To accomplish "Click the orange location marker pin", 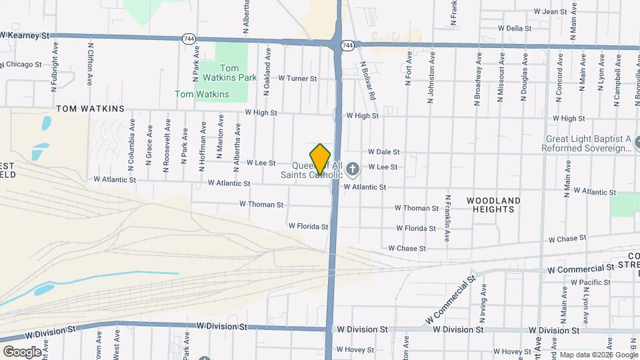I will (x=321, y=159).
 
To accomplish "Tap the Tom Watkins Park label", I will (x=238, y=73).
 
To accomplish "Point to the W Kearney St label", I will (x=25, y=34).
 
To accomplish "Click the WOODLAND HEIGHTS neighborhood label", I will (x=493, y=205).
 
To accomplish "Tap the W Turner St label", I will (x=297, y=79).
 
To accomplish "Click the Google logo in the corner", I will (x=22, y=351).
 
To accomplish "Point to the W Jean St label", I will (x=550, y=12).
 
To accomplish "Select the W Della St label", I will (x=514, y=29).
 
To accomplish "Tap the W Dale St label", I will (x=383, y=152).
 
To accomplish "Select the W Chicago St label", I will (x=21, y=65).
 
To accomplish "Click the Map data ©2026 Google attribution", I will (x=599, y=355).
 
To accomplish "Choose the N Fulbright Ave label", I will (x=55, y=67).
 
